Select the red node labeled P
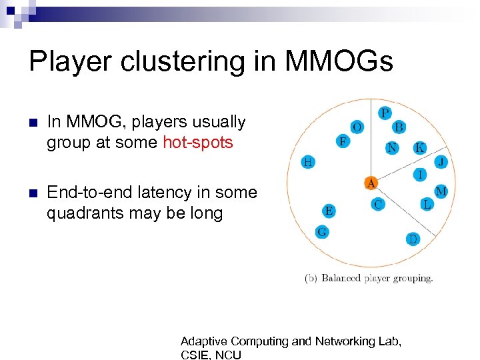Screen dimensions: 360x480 (x=385, y=113)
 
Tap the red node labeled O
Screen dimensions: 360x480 (x=358, y=127)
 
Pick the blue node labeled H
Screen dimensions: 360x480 (x=308, y=161)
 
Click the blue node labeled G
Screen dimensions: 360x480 (x=321, y=231)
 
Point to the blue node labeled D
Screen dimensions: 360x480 (x=413, y=239)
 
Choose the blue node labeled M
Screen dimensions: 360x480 (x=441, y=191)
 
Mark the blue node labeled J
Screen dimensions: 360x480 (x=441, y=161)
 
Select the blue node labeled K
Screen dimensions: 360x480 (x=419, y=148)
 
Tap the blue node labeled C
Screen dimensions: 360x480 (x=378, y=204)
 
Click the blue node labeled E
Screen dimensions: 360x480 (x=329, y=211)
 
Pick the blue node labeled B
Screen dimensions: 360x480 (x=399, y=127)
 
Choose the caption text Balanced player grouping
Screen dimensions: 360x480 (x=377, y=278)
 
